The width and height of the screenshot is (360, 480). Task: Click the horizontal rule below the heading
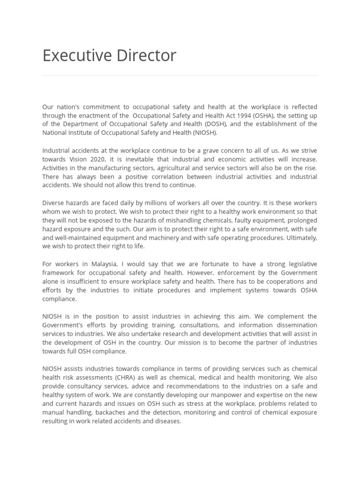[180, 75]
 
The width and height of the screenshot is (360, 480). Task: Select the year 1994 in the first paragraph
[238, 116]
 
